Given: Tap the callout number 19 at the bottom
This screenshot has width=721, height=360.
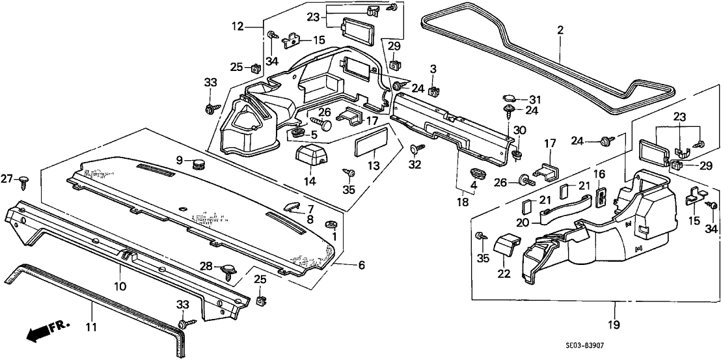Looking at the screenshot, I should [x=614, y=324].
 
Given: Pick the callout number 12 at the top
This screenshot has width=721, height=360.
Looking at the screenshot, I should [x=237, y=27].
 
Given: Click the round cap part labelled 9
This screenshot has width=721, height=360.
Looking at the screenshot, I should [x=196, y=163].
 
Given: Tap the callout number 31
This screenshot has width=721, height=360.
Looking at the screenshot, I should [x=535, y=99].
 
